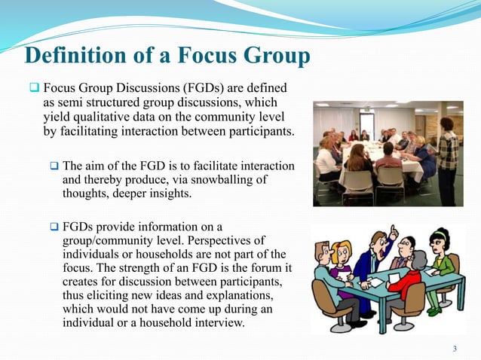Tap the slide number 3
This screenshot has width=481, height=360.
pos(455,348)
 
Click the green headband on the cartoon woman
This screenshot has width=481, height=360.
pos(438,235)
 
